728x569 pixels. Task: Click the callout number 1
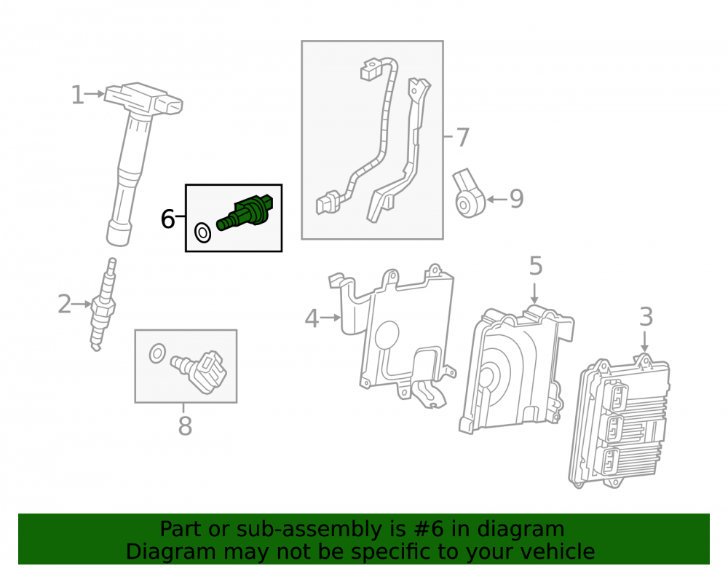[78, 95]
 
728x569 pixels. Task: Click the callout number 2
[65, 305]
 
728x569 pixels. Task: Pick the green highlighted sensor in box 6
[245, 212]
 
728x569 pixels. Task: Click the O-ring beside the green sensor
[202, 232]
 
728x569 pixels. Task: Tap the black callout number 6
[167, 219]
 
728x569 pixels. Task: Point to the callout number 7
[462, 138]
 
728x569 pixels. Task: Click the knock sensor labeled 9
[469, 194]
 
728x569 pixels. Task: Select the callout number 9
[517, 199]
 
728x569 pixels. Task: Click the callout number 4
[312, 318]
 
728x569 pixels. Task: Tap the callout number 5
[536, 266]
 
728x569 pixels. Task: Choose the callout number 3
[646, 317]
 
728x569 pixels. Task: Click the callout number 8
[185, 426]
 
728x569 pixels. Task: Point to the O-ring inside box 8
[157, 353]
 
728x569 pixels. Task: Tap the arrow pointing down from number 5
[534, 294]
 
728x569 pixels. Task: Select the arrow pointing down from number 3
[644, 342]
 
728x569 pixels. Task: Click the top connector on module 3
[618, 396]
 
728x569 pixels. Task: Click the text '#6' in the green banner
[427, 529]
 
